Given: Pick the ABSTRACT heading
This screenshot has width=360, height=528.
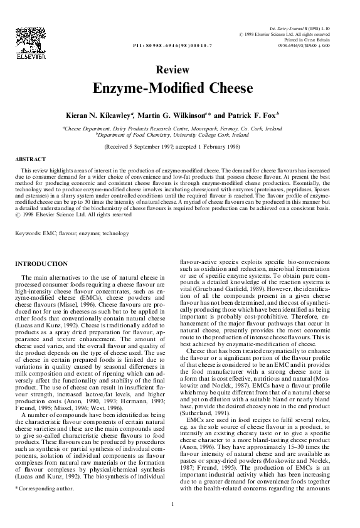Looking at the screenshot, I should click(x=27, y=161).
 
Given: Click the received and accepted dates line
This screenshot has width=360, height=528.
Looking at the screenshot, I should click(x=180, y=146).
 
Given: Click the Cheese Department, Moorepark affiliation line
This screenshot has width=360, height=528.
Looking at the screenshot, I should click(x=180, y=128).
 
